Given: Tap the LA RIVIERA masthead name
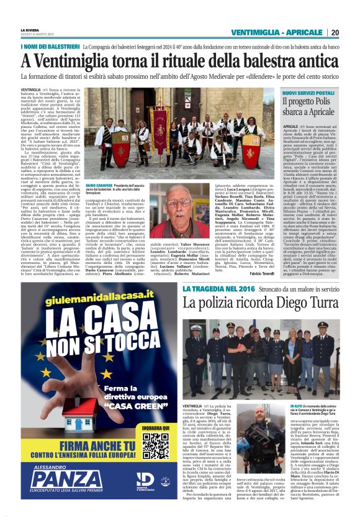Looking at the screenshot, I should [30, 29].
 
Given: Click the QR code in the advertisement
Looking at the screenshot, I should [155, 446].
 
